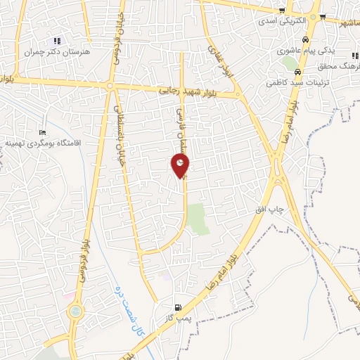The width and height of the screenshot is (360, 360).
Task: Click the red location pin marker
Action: pyautogui.click(x=181, y=165)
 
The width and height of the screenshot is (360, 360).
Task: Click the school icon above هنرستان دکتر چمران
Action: pyautogui.click(x=56, y=41)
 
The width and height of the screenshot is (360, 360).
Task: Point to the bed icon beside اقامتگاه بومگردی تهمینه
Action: pyautogui.click(x=42, y=132)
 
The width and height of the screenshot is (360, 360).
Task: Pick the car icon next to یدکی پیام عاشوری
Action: pyautogui.click(x=306, y=39)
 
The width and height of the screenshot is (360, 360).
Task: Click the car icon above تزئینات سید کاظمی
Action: pyautogui.click(x=298, y=72)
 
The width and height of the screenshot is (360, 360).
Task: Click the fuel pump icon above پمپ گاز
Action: pyautogui.click(x=177, y=307)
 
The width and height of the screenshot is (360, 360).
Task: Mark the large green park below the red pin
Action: pyautogui.click(x=198, y=219)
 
